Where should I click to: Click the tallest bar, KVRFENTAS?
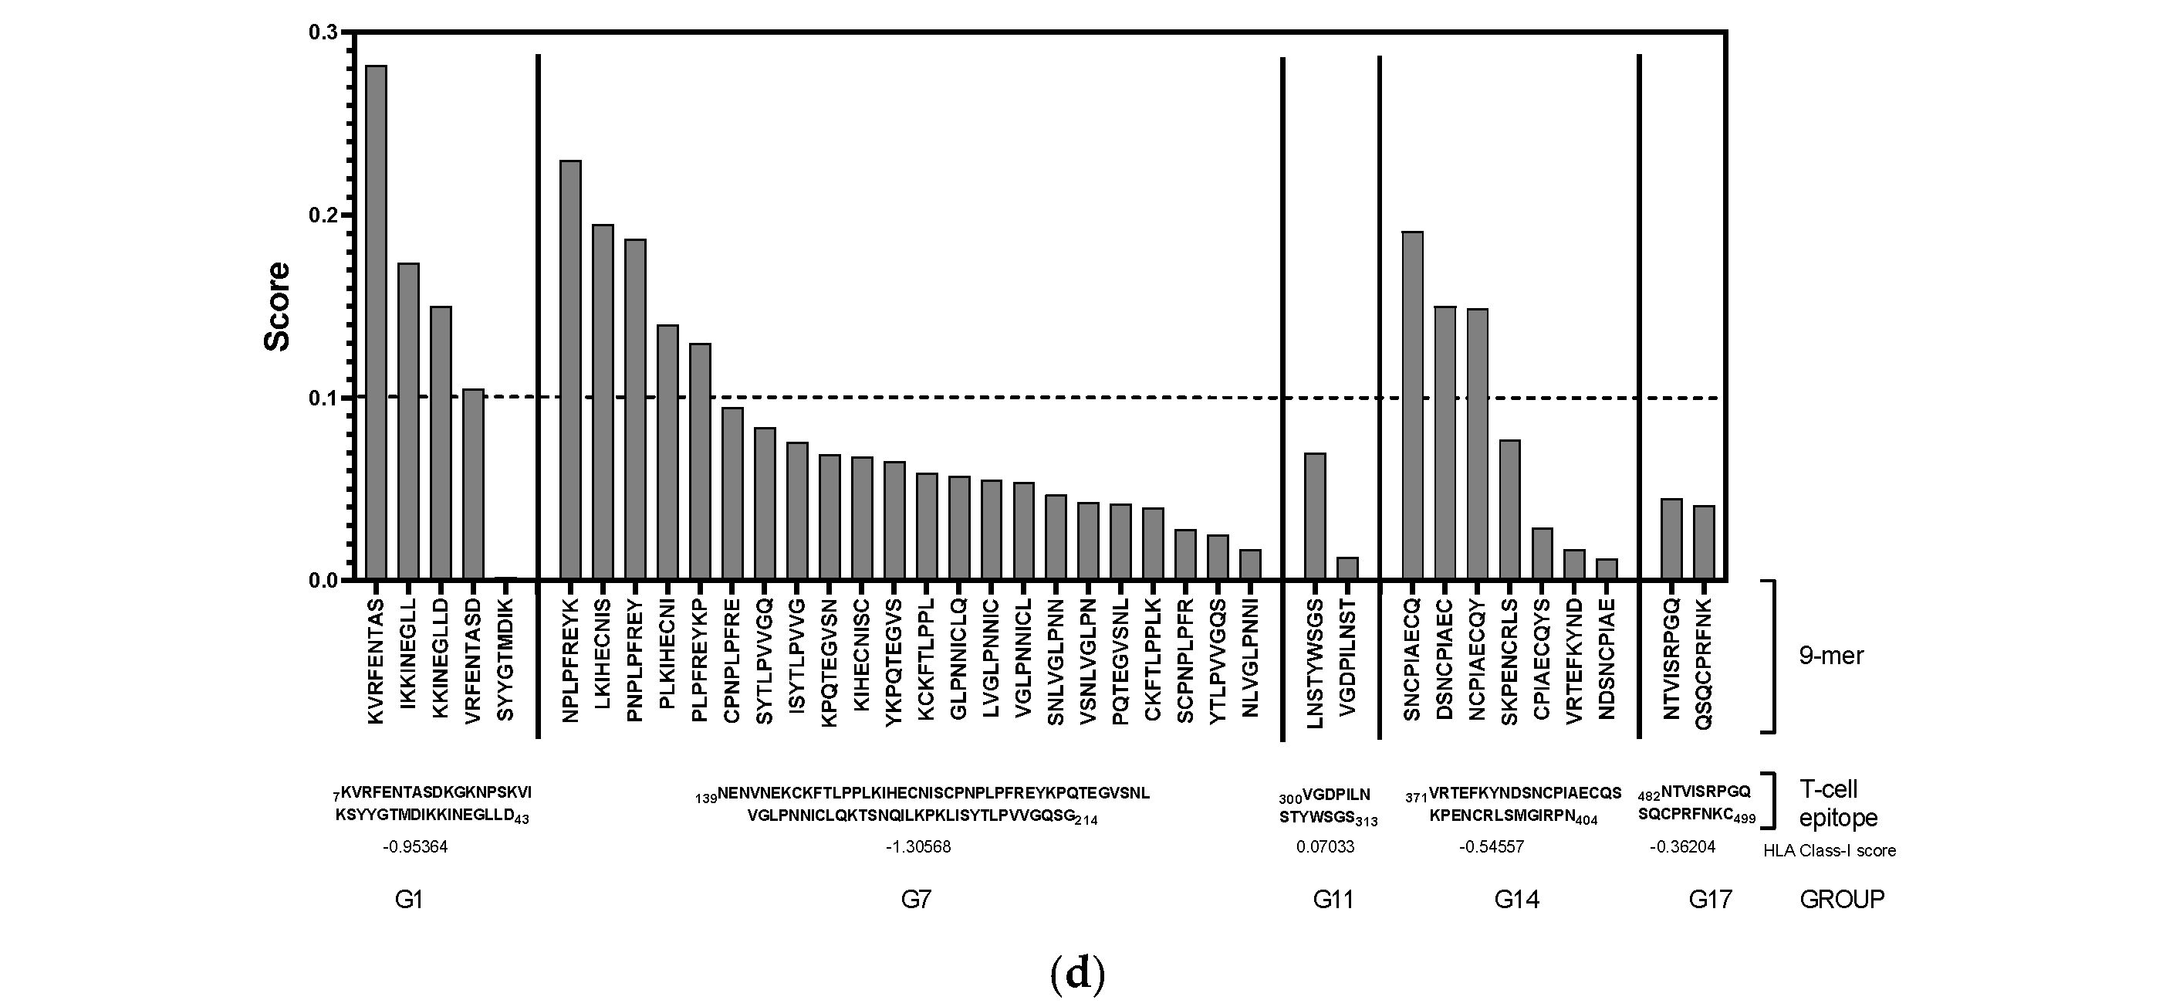376,323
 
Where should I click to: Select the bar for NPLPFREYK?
570,370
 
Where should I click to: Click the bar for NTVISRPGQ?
1671,539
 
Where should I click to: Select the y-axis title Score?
278,307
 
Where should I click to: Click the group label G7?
916,900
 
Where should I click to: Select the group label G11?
1333,900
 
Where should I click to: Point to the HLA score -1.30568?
918,847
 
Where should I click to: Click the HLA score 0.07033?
1325,847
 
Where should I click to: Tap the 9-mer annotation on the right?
1830,656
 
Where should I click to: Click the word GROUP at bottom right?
1841,900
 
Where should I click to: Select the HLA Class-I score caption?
1829,850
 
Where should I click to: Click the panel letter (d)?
1077,975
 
